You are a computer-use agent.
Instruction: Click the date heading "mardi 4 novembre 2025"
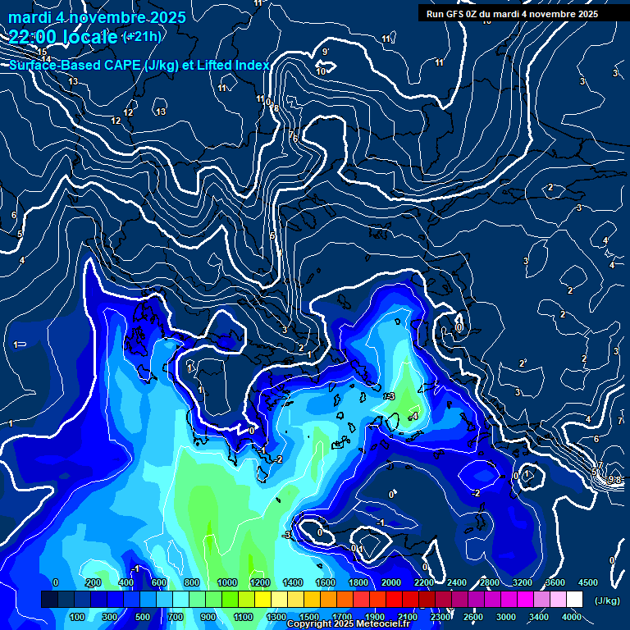tap(98, 17)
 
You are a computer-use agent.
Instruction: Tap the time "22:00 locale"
tap(64, 36)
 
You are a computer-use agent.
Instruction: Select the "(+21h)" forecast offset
tap(142, 37)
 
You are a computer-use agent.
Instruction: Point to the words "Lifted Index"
tap(233, 65)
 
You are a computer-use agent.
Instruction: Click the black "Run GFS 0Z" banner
tap(512, 14)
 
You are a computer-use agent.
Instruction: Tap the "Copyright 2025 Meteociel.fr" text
tap(348, 624)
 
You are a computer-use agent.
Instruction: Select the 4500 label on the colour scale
tap(587, 582)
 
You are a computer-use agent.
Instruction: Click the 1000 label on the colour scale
tap(227, 582)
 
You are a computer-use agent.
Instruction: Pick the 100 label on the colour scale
tap(77, 617)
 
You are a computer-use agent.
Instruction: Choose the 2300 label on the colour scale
tap(441, 617)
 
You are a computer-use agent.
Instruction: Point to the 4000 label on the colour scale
tap(572, 617)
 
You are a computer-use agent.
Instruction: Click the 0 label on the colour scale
tap(55, 582)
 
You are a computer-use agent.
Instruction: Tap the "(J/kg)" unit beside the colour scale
tap(608, 600)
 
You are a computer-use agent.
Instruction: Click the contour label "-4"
tap(414, 417)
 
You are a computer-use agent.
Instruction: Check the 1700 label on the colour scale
tap(342, 617)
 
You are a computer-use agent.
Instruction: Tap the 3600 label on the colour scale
tap(555, 582)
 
